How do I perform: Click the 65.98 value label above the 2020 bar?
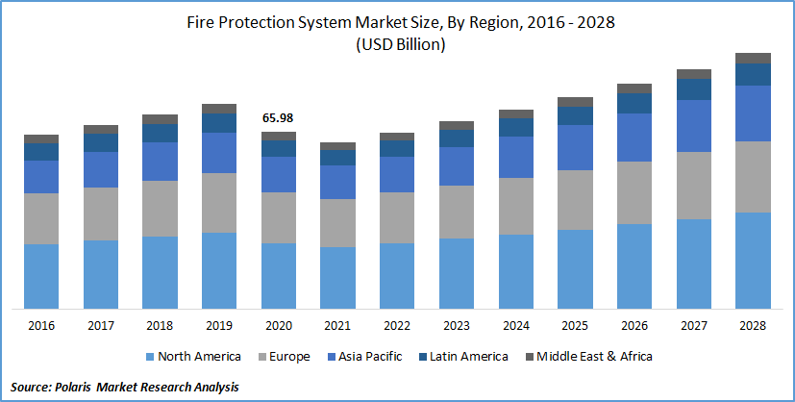[278, 117]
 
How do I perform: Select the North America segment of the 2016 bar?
[41, 276]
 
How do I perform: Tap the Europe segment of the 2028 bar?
[753, 177]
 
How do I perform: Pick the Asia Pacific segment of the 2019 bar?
[219, 153]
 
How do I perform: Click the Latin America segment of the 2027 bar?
[693, 89]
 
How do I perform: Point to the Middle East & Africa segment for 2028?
[753, 58]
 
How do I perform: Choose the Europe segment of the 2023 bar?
[456, 212]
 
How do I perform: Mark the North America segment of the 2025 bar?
[575, 269]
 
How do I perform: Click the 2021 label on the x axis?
[337, 326]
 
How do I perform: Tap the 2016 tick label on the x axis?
[41, 326]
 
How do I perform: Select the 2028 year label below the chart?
[753, 326]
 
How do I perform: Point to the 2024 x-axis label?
[515, 326]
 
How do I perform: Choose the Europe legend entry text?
[289, 357]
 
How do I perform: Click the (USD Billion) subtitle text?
[397, 44]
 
